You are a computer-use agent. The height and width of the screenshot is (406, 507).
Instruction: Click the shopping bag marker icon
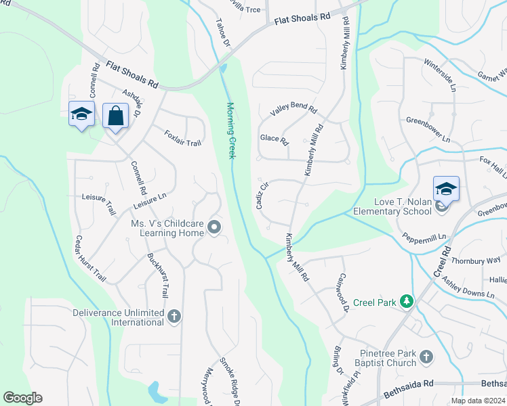[115, 116]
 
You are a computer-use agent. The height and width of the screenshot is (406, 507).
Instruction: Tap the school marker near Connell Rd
[81, 115]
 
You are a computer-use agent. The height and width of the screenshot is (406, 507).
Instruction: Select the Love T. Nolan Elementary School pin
[446, 190]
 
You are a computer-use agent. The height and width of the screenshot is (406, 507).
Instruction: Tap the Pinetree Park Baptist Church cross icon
[426, 357]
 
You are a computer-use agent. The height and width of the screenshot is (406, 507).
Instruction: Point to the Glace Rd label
[274, 139]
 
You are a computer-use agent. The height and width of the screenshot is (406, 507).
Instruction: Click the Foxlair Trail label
[183, 138]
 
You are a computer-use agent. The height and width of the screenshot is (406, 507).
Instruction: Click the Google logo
[22, 398]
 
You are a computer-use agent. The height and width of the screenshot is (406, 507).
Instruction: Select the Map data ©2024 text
[477, 401]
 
